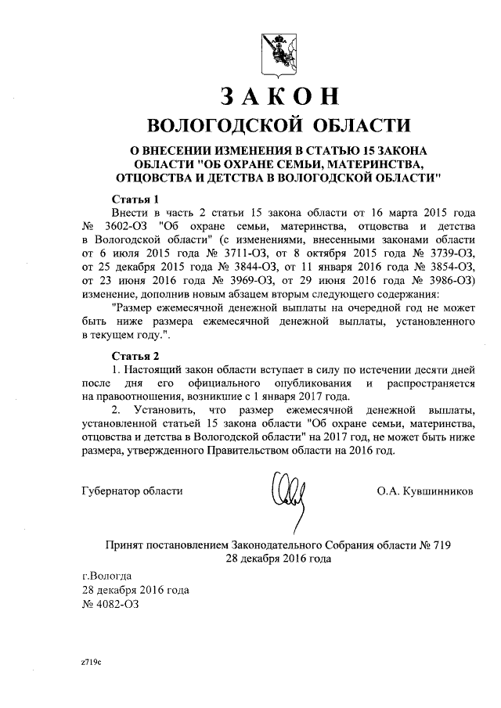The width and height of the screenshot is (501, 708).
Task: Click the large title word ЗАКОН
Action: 279,95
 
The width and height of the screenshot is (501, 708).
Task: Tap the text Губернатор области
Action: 132,491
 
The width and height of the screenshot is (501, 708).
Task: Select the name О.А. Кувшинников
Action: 424,491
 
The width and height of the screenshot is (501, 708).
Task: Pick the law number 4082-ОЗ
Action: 116,603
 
